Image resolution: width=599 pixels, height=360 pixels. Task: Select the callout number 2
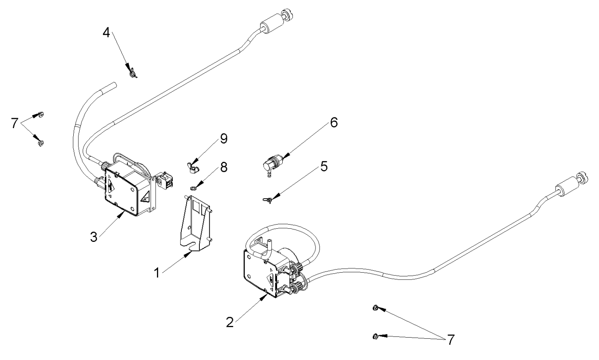click(x=229, y=322)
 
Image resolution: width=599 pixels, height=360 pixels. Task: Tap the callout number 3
click(x=94, y=237)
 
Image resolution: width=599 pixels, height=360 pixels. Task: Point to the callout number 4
click(x=106, y=32)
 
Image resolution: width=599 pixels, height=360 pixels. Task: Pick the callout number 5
click(x=324, y=166)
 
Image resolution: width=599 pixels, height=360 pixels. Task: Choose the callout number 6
click(x=334, y=123)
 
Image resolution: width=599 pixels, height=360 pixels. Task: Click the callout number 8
click(x=223, y=167)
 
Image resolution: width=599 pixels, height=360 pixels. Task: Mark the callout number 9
click(x=223, y=139)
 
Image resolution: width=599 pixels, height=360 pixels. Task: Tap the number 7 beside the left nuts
click(x=15, y=123)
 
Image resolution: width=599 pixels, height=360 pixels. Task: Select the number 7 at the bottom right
click(x=450, y=340)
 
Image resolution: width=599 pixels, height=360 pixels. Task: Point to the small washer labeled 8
click(x=193, y=188)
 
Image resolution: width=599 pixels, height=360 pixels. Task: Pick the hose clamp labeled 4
click(x=131, y=72)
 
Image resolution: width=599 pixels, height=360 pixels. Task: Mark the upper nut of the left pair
click(x=40, y=115)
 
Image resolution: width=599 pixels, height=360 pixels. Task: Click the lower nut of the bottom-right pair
click(x=375, y=336)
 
